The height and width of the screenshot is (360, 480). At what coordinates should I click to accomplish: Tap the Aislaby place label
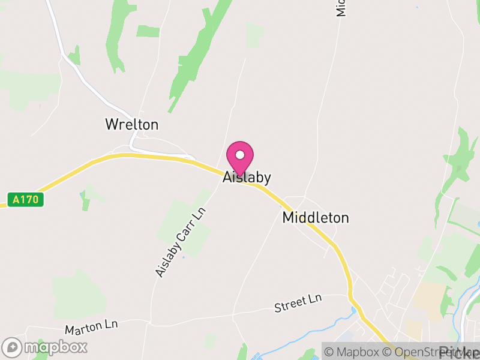(247, 178)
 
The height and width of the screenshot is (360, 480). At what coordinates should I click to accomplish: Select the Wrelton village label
(131, 125)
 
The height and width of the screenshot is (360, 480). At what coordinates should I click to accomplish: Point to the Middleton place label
(315, 218)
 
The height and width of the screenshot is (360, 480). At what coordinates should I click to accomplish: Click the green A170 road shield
(26, 199)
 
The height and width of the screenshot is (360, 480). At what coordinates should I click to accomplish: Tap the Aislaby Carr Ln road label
(180, 242)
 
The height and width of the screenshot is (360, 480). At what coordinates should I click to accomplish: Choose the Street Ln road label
(298, 304)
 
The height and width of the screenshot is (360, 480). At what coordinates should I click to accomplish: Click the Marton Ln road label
(91, 327)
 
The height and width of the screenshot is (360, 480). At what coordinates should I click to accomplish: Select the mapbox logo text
(55, 347)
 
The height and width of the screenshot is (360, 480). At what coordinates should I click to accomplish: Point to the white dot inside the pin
(240, 154)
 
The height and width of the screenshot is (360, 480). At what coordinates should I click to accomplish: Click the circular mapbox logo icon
(12, 347)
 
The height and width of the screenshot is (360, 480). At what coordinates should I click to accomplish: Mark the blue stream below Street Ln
(312, 334)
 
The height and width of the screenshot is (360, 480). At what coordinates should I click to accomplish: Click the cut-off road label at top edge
(341, 8)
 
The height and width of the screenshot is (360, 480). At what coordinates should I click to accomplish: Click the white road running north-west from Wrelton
(90, 84)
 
